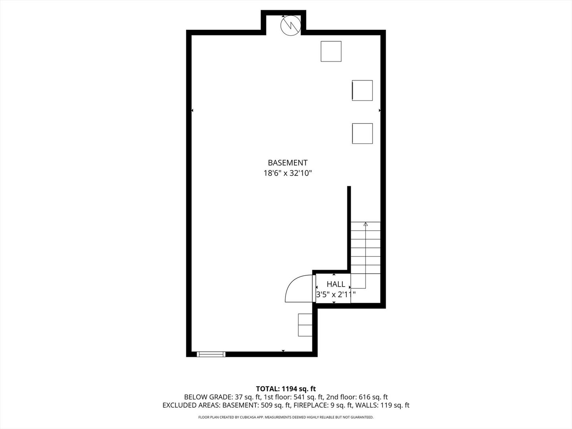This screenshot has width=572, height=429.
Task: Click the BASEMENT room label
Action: click(x=288, y=163)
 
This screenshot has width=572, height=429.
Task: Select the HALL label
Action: click(x=336, y=284)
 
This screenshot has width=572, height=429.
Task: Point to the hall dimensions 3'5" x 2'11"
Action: click(x=336, y=294)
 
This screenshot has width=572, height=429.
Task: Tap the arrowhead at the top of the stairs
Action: click(x=365, y=224)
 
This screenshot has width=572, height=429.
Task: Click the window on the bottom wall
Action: click(x=211, y=354)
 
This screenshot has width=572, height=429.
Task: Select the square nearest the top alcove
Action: click(x=331, y=51)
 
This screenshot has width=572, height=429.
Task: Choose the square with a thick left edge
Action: click(x=362, y=90)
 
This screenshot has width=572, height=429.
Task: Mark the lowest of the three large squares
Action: click(x=362, y=133)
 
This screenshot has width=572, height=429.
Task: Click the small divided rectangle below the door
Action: click(x=305, y=325)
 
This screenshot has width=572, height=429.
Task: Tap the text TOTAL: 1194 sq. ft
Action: click(x=286, y=389)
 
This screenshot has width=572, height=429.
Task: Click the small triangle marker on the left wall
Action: click(x=192, y=110)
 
